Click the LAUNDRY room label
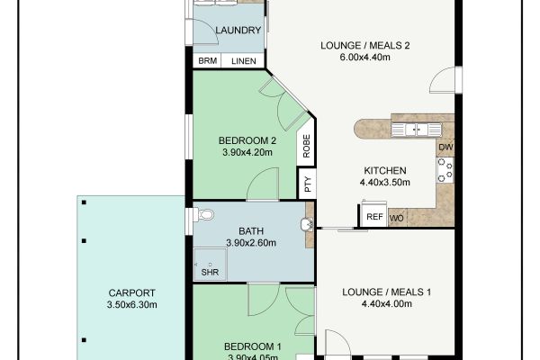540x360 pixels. click(x=238, y=31)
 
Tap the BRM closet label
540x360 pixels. click(x=208, y=61)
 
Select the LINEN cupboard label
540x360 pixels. click(x=244, y=61)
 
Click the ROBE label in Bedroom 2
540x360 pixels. click(x=307, y=146)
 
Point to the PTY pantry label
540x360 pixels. click(x=308, y=184)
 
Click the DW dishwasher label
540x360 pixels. click(x=445, y=147)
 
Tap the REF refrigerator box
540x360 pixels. click(x=374, y=216)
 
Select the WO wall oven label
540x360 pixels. click(x=396, y=219)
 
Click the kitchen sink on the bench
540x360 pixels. click(x=417, y=130)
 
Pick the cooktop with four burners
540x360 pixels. click(x=445, y=170)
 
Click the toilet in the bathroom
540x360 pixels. click(x=203, y=215)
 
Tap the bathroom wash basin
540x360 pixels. click(x=307, y=224)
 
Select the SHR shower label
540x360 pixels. click(x=210, y=272)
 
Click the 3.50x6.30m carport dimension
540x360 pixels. click(x=132, y=304)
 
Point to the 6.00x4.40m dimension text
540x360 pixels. click(x=365, y=58)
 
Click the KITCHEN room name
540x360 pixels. click(x=385, y=170)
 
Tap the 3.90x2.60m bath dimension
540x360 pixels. click(x=251, y=243)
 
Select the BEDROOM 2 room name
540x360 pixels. click(x=247, y=140)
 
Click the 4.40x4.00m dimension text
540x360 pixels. click(x=386, y=304)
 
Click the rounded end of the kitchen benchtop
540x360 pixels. click(x=361, y=130)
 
